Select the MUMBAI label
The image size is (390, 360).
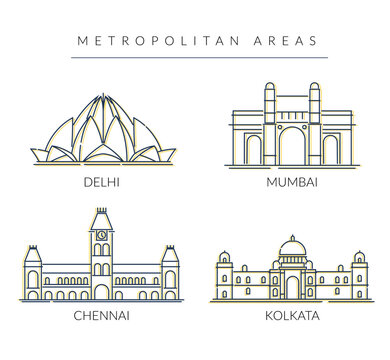[x=290, y=185]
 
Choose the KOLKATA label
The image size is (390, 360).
[x=290, y=316]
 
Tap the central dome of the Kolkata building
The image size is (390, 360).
[x=291, y=246]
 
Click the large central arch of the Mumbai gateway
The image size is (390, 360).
[x=291, y=148]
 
